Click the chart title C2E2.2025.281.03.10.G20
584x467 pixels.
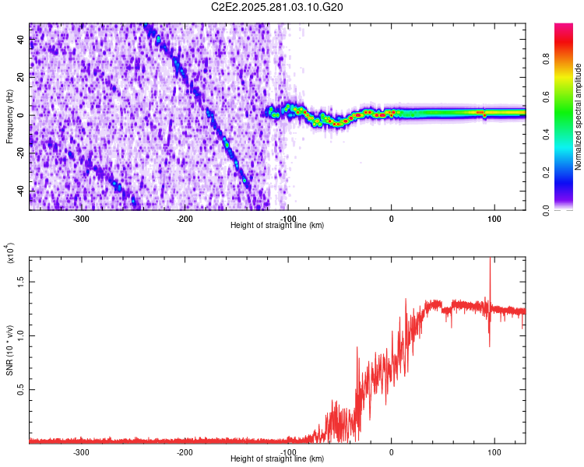277,7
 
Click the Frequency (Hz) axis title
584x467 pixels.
9,116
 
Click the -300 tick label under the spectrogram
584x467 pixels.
82,219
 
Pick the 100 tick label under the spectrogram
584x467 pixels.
494,219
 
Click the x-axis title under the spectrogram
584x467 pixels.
277,226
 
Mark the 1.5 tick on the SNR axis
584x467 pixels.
19,281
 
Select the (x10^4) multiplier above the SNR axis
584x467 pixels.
9,253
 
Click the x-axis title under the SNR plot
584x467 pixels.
277,459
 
